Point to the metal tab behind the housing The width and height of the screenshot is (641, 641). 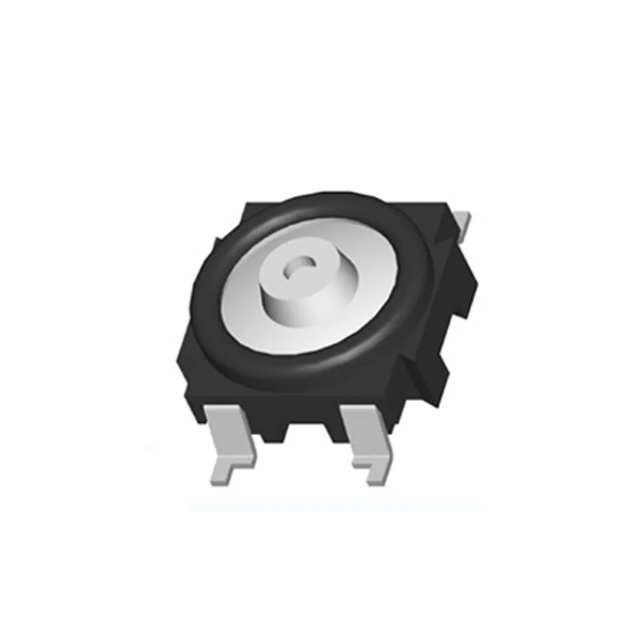coord(465,224)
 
